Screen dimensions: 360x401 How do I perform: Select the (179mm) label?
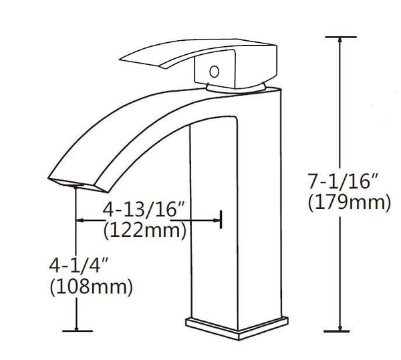click(348, 201)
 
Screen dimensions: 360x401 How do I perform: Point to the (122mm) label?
click(144, 231)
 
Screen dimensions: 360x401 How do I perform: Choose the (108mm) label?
click(92, 287)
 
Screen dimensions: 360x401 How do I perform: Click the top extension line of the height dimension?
click(342, 37)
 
